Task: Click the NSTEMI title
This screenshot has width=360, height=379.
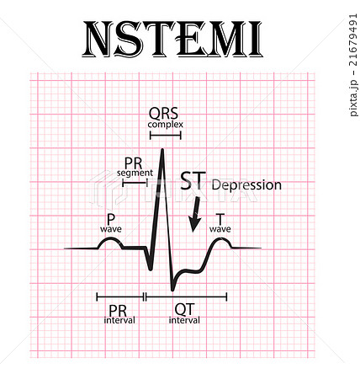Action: tap(172, 39)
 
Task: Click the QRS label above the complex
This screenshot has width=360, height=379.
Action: tap(163, 114)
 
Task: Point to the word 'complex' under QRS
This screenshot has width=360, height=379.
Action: tap(166, 125)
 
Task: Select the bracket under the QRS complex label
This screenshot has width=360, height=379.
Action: tap(166, 136)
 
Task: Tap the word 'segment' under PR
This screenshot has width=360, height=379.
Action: tap(135, 173)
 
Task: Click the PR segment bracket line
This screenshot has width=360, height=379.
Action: tap(135, 183)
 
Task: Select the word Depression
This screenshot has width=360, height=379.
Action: tap(246, 185)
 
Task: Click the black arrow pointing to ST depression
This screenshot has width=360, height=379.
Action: tap(194, 214)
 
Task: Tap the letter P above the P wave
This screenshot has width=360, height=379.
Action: tap(111, 219)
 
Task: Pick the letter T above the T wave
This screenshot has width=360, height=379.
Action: tap(220, 219)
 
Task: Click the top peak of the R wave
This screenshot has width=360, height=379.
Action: tap(162, 149)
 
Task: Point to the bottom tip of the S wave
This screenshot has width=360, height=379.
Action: tap(172, 290)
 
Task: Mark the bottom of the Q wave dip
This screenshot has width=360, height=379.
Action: tap(151, 270)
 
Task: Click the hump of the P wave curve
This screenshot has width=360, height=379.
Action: tap(110, 239)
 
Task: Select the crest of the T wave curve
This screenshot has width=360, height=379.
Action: tap(220, 239)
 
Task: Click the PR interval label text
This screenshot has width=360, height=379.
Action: tap(119, 314)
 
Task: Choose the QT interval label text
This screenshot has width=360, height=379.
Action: tap(184, 314)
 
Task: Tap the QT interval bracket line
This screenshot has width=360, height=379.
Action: tap(186, 296)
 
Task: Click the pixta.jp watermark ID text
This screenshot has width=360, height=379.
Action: tap(354, 64)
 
